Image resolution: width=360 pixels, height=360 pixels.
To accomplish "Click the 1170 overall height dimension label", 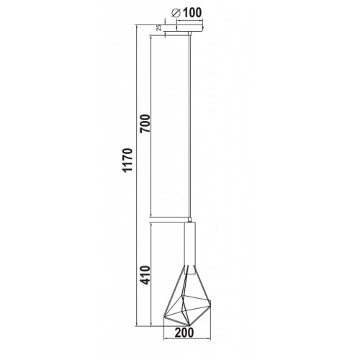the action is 127,161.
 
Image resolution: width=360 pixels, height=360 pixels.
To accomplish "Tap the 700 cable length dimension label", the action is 145,124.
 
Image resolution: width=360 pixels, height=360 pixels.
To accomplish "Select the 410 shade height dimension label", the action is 145,275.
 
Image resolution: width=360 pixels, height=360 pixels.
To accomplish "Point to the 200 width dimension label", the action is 184,333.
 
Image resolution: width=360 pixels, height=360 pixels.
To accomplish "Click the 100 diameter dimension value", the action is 192,13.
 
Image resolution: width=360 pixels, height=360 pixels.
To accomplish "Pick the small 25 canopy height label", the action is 158,27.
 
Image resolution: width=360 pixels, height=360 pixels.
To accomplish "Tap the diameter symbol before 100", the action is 176,13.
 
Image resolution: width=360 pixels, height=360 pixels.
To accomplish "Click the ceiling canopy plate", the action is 189,28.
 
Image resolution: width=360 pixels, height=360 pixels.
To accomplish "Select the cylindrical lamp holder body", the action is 189,248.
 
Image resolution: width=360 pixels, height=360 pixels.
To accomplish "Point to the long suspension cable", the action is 190,126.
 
